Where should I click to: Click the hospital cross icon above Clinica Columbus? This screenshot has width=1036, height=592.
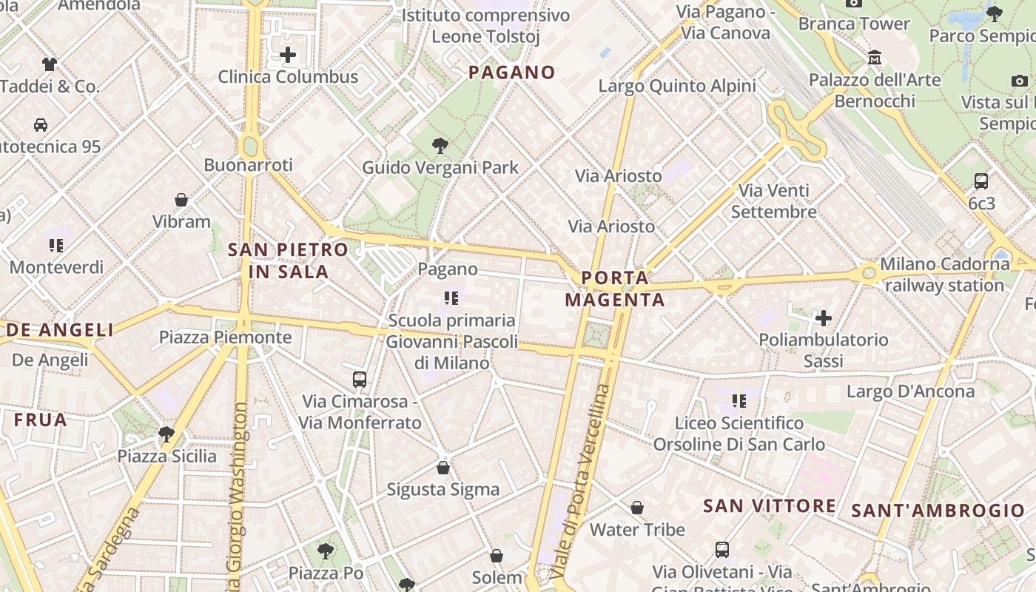click(x=288, y=55)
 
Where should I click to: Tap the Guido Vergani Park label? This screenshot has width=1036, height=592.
click(x=440, y=168)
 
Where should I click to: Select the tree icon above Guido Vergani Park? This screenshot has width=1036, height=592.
click(x=440, y=145)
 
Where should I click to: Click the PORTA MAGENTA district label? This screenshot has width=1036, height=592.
click(x=615, y=289)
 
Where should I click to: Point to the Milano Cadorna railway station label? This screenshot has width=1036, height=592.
click(x=944, y=275)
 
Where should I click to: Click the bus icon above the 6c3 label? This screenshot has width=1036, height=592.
click(x=981, y=181)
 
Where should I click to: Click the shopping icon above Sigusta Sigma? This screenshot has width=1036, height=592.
click(x=443, y=468)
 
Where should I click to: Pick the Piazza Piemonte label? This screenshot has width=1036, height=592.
click(x=226, y=338)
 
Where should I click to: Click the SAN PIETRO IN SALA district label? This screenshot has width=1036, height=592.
click(x=288, y=260)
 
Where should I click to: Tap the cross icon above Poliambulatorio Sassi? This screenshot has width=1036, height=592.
click(x=823, y=318)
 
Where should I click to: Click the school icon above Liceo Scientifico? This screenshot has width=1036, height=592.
click(x=739, y=401)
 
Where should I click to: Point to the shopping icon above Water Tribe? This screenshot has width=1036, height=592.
click(x=637, y=508)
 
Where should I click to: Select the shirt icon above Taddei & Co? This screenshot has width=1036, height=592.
click(x=50, y=64)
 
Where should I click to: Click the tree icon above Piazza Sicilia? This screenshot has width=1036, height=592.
click(x=166, y=434)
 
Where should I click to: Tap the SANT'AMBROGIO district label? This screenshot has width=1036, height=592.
click(x=938, y=511)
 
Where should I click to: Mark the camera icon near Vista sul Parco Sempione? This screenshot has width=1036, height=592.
click(x=1019, y=81)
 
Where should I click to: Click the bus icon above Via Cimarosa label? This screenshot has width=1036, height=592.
click(x=360, y=380)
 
